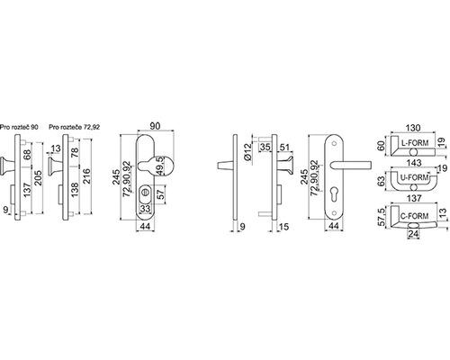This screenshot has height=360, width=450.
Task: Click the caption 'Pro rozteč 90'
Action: (19, 127)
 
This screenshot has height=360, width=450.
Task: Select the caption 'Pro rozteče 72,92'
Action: (75, 127)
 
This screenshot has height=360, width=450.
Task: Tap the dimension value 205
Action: (39, 178)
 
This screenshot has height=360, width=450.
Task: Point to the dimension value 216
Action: (85, 177)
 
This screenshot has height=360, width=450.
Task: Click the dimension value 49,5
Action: (161, 166)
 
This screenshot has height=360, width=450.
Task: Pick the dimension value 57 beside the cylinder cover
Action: (161, 194)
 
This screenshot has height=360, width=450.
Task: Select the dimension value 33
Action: (145, 209)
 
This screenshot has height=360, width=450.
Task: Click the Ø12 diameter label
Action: (247, 152)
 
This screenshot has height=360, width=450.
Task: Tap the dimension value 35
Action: (265, 148)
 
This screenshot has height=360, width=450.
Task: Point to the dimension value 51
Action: (283, 148)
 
